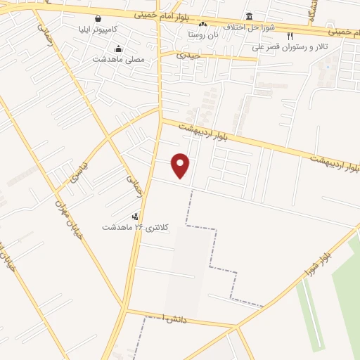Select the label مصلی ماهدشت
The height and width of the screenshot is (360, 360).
click(x=119, y=60)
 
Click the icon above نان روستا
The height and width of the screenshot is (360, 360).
click(x=203, y=23)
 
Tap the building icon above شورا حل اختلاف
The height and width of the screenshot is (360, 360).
click(x=249, y=16)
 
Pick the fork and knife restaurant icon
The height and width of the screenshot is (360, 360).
click(x=289, y=36)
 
